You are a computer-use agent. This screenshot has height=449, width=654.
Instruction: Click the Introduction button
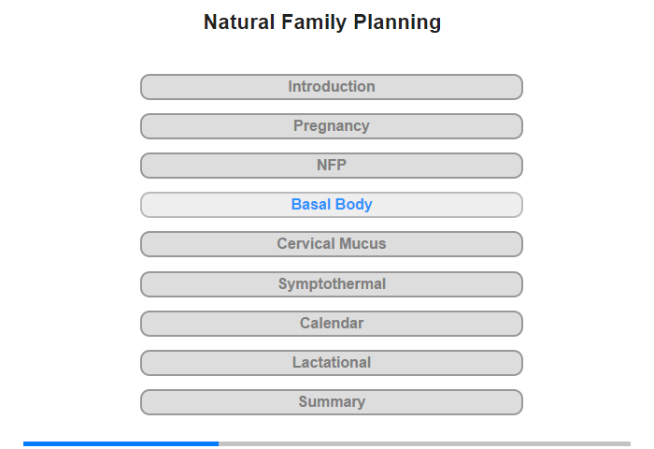(x=332, y=87)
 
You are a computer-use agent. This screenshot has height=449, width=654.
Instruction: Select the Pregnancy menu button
(x=332, y=126)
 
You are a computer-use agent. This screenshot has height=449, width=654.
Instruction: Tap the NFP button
(x=332, y=166)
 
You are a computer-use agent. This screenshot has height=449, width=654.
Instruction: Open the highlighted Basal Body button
(x=332, y=205)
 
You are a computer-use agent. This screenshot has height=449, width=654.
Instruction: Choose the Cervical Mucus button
(x=332, y=244)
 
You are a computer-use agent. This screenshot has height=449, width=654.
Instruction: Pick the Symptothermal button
(x=332, y=284)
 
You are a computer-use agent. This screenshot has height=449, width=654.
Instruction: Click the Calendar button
(x=332, y=324)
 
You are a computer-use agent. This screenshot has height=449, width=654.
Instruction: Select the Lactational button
(x=332, y=363)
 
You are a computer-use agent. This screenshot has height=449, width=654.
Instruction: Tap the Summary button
(x=332, y=402)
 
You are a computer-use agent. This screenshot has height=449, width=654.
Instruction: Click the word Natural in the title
(x=239, y=22)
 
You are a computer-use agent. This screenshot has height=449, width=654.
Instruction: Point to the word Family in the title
(x=314, y=22)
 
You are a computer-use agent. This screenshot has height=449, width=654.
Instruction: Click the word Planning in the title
(x=397, y=22)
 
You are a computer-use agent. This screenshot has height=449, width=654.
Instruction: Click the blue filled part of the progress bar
(x=121, y=443)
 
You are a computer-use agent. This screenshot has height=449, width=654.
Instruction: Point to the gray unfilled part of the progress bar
(x=424, y=443)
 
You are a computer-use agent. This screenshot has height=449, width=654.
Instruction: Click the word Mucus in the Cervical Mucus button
(x=363, y=243)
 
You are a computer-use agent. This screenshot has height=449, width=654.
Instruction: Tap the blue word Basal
(x=311, y=204)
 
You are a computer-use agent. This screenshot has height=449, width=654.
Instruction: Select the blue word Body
(x=354, y=205)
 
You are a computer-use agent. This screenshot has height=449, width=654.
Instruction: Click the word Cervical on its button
(x=306, y=243)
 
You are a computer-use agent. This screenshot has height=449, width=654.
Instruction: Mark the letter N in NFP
(x=321, y=165)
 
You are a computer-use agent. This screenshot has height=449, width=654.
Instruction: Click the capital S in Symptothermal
(x=283, y=283)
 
